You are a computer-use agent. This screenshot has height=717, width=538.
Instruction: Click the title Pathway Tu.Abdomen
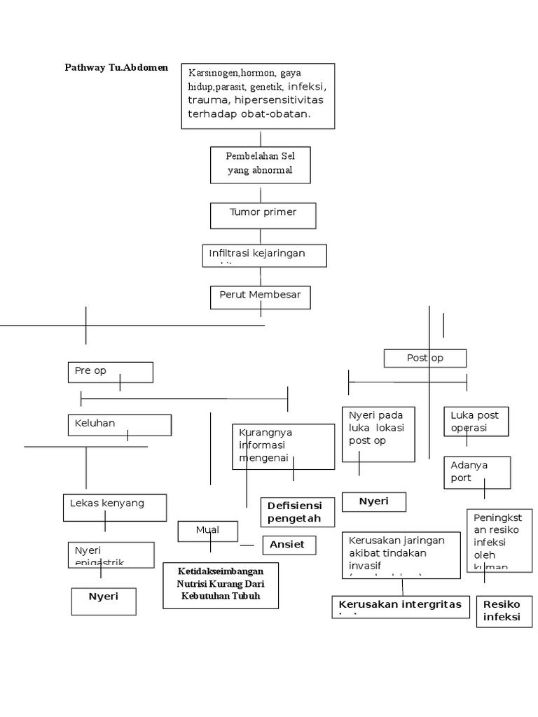pyautogui.click(x=116, y=67)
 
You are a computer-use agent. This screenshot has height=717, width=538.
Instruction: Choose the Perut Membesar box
pyautogui.click(x=260, y=297)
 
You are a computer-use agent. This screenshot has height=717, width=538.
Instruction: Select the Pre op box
pyautogui.click(x=110, y=372)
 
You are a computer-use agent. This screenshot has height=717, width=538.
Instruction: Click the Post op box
pyautogui.click(x=425, y=358)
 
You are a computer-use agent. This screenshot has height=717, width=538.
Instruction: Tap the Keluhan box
pyautogui.click(x=119, y=424)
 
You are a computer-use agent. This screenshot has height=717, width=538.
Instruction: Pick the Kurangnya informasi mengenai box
pyautogui.click(x=283, y=446)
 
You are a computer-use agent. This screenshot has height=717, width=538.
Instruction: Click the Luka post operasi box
pyautogui.click(x=476, y=422)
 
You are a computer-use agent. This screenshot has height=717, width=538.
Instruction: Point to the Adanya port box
pyautogui.click(x=476, y=472)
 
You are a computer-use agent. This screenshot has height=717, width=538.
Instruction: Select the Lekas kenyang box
pyautogui.click(x=115, y=507)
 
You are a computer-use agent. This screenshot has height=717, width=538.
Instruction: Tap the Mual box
pyautogui.click(x=208, y=531)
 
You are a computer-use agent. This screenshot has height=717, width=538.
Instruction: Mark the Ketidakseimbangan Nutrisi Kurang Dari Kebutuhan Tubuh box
pyautogui.click(x=221, y=585)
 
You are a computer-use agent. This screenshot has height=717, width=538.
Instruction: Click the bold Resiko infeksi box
pyautogui.click(x=503, y=611)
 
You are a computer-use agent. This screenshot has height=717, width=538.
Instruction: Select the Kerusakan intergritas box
pyautogui.click(x=400, y=606)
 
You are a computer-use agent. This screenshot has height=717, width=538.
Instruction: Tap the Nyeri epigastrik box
pyautogui.click(x=111, y=555)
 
